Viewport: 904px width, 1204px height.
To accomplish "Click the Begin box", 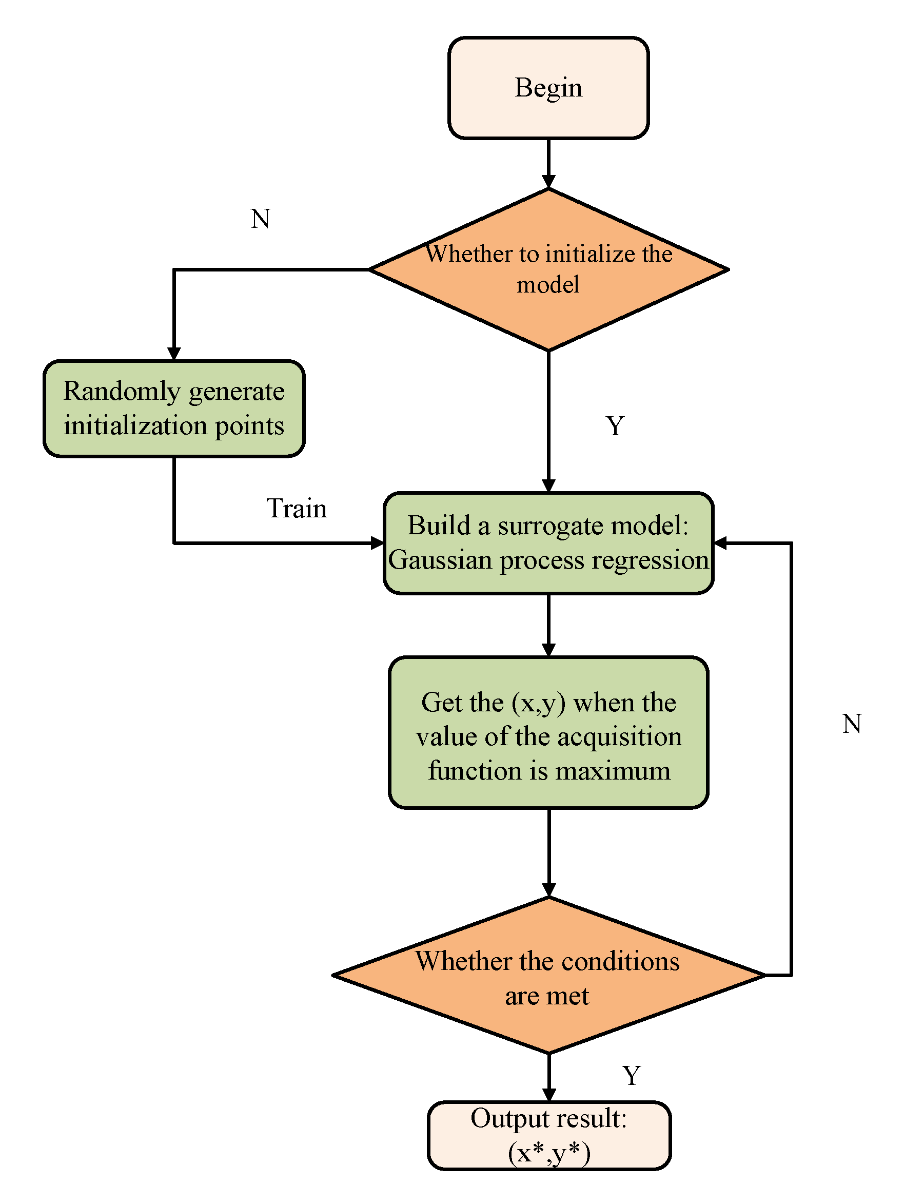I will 548,88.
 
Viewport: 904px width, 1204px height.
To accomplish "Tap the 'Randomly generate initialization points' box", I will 173,408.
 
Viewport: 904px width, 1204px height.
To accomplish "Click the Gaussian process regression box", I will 548,542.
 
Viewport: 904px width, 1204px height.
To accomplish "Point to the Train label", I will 297,509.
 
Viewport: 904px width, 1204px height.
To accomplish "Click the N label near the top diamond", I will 261,219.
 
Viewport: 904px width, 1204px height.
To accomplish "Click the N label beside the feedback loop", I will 851,724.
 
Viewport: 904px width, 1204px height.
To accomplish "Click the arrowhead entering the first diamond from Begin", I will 548,182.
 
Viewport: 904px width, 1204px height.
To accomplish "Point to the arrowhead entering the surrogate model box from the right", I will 720,542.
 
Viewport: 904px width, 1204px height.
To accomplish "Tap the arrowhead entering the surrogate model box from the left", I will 377,542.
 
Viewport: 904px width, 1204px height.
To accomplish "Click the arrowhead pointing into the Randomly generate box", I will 173,354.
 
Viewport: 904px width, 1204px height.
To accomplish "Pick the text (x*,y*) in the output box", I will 548,1152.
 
